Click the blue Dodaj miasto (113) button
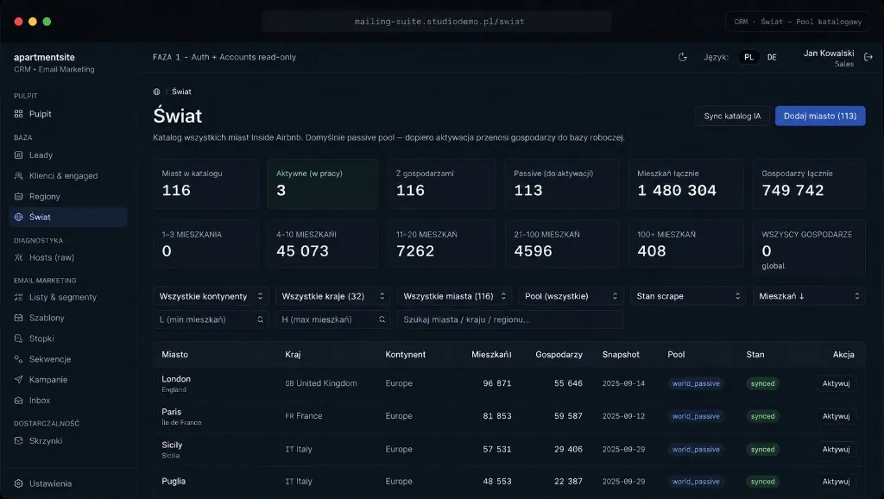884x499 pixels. [x=820, y=117]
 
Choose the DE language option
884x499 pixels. [x=772, y=57]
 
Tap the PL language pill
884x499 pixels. [x=748, y=57]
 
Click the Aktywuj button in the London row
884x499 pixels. [x=836, y=383]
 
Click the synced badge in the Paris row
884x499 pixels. [x=762, y=416]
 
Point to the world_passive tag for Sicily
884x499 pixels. [x=696, y=450]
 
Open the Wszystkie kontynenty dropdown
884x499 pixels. [x=211, y=296]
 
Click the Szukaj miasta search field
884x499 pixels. [x=509, y=319]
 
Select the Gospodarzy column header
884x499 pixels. [x=559, y=355]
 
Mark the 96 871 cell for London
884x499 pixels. [x=496, y=383]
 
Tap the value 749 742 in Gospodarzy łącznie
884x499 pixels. [x=792, y=191]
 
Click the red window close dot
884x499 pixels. [x=19, y=22]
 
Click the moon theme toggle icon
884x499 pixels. [x=683, y=57]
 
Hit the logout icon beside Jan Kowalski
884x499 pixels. [x=868, y=57]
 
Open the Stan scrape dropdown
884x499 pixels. [x=688, y=296]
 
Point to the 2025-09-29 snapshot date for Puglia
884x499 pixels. [x=623, y=482]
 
